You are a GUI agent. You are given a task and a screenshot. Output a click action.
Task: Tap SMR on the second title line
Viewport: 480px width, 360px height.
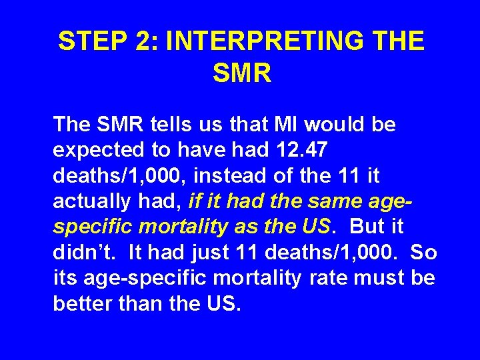click(x=242, y=74)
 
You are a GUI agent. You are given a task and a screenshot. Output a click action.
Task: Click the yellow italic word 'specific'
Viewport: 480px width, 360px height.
click(x=93, y=227)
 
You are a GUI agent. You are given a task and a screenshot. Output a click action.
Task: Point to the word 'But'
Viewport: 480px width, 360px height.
click(x=367, y=227)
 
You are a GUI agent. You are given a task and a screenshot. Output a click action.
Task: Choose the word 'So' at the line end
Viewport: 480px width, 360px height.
click(x=423, y=252)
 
